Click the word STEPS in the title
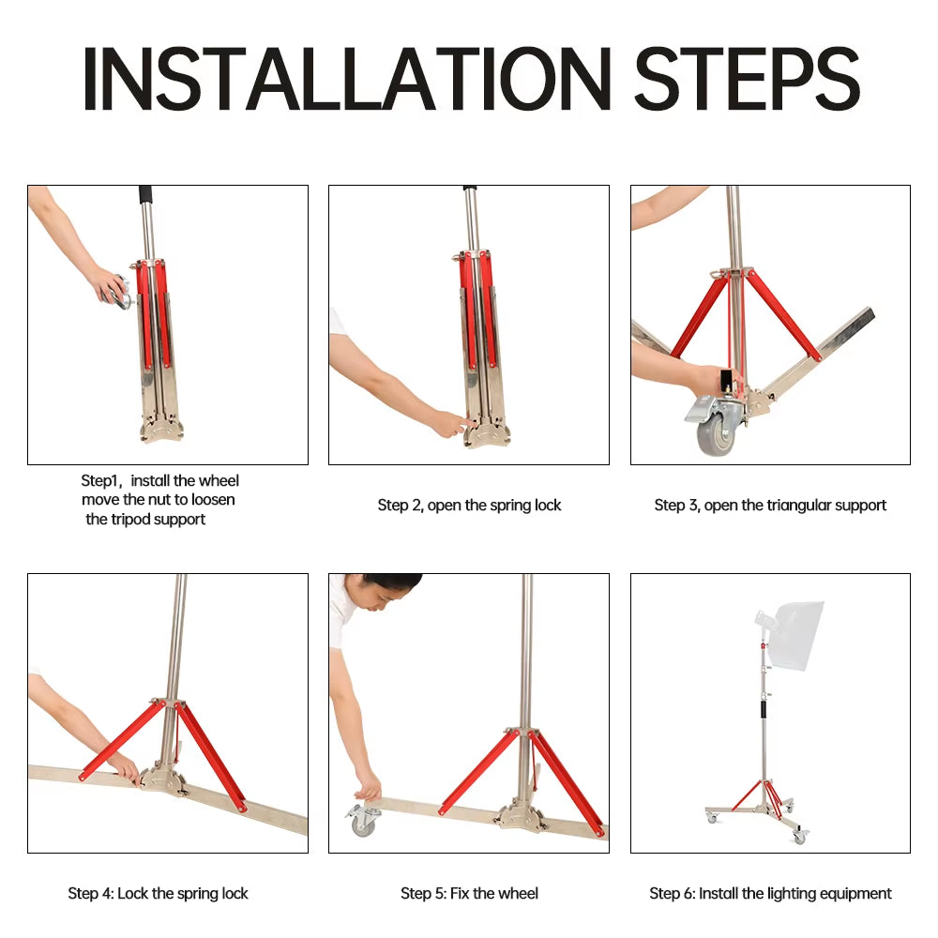[747, 79]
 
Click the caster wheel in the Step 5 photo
[363, 821]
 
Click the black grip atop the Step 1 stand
[146, 195]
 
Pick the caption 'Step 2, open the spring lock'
[469, 505]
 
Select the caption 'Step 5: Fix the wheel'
[469, 893]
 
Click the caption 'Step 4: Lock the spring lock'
[158, 893]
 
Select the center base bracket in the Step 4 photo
[163, 779]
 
